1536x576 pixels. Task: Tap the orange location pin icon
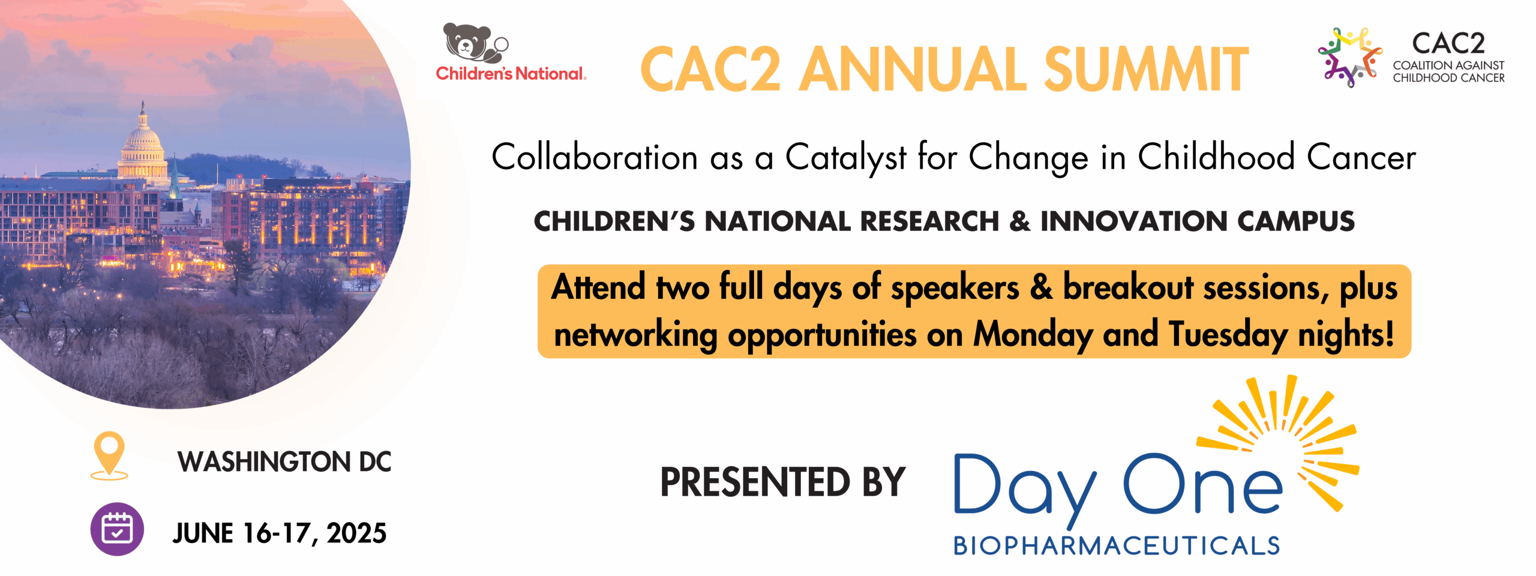click(109, 456)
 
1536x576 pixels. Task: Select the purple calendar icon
click(117, 529)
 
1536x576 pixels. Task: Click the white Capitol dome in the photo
click(143, 144)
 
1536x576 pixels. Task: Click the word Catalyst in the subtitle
click(846, 158)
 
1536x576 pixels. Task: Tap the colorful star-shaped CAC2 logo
click(1350, 58)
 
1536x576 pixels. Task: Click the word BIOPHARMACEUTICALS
click(1117, 546)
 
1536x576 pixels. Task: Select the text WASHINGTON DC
click(284, 462)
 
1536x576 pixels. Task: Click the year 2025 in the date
click(356, 533)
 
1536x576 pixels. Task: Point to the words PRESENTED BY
click(783, 482)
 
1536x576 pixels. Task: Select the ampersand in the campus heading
click(1019, 221)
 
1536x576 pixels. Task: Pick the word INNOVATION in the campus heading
click(1133, 221)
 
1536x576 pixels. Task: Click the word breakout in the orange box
click(1128, 287)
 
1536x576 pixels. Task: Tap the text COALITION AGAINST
click(1448, 65)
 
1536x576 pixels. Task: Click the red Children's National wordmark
click(511, 73)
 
